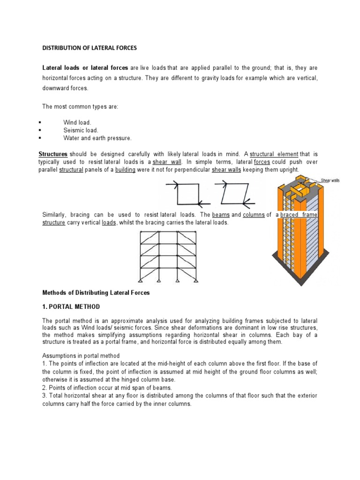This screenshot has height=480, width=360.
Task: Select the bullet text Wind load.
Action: click(x=77, y=122)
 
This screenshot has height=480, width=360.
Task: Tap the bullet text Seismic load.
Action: click(x=81, y=130)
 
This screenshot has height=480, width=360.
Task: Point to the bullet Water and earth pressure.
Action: click(x=97, y=138)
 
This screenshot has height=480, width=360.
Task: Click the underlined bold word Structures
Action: click(x=52, y=154)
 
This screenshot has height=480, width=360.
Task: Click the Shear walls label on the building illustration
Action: click(x=330, y=180)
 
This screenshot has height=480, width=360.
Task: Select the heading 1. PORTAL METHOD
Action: click(x=71, y=307)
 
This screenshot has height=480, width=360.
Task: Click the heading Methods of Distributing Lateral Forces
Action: click(x=96, y=292)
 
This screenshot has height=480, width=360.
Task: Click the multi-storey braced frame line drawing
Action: click(x=159, y=256)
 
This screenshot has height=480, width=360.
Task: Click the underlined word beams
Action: click(x=221, y=215)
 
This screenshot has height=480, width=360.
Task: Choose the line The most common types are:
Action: click(x=80, y=107)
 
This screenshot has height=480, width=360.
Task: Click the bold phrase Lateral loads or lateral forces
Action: click(x=85, y=68)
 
